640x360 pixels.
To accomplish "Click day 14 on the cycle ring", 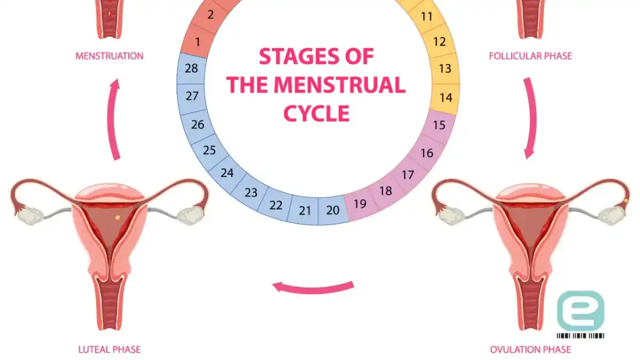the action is pos(445,98).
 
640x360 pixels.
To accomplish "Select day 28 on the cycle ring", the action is pos(191,68).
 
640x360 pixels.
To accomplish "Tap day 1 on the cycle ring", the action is pos(198,42).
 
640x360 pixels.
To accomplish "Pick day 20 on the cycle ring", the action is pos(333,210).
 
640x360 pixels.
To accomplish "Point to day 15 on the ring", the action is pos(439,125).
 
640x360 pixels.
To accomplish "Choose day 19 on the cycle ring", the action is pos(360,204).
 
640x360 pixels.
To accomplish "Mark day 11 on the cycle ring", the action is pos(427,17).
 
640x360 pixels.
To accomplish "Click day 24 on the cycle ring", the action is pos(227,173).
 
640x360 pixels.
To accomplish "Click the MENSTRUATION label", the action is pos(109,56).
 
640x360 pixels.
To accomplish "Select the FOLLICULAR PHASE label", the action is pos(531,56).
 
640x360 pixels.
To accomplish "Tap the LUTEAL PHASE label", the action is pos(109,349).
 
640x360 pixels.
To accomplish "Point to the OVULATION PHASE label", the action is pos(531,349).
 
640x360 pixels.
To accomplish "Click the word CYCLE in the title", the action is pos(317,114).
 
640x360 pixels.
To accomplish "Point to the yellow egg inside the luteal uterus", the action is pos(117,218).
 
